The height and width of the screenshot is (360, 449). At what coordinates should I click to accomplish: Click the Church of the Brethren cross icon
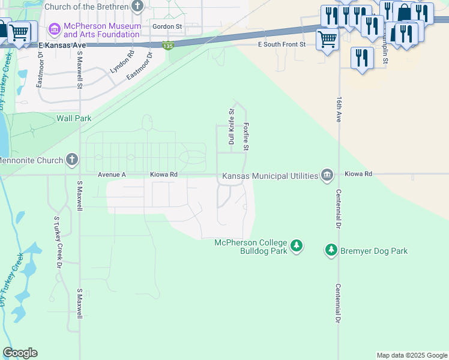[x=138, y=7]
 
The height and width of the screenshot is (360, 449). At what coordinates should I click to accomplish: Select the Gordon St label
[x=167, y=27]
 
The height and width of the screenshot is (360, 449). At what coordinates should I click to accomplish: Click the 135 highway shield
[x=169, y=46]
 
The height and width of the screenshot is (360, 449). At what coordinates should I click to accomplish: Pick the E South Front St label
[x=282, y=45]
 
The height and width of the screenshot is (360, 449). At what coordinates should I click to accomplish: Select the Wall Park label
[x=74, y=118]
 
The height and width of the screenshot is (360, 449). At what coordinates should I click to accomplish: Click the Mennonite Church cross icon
[x=73, y=160]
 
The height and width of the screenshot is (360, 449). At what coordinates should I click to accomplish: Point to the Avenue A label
[x=112, y=175]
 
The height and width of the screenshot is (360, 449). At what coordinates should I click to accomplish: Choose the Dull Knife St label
[x=231, y=127]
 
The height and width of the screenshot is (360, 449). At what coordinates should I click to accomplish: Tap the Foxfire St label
[x=246, y=137]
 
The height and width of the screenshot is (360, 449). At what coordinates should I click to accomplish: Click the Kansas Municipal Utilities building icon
[x=327, y=175]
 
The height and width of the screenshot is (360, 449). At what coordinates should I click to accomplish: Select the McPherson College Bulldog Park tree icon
[x=296, y=245]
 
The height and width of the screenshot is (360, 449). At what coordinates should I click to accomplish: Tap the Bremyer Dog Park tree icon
[x=331, y=250]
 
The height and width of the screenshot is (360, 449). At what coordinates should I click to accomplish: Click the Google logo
[x=20, y=353]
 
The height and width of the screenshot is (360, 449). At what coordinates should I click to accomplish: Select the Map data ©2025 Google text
[x=411, y=355]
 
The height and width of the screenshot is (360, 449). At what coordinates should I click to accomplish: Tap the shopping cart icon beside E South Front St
[x=327, y=40]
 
